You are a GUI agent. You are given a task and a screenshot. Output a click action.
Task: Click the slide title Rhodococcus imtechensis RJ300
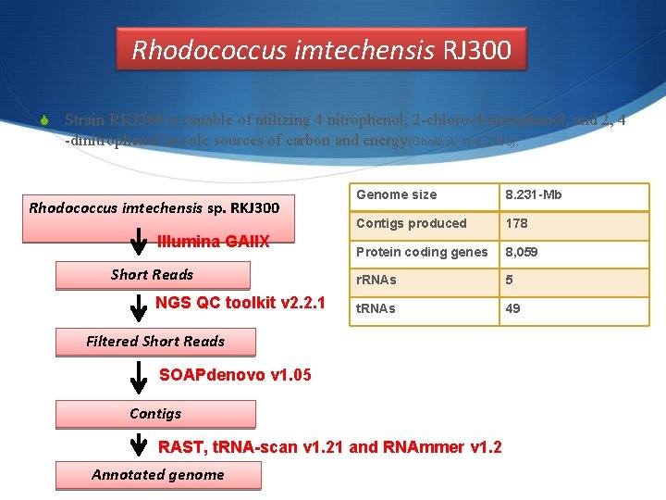tap(321, 49)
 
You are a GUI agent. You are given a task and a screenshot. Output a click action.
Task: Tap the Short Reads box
tap(153, 275)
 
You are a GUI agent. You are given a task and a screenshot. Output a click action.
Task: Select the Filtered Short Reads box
tap(155, 342)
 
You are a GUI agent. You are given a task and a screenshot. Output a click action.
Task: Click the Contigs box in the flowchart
tap(155, 414)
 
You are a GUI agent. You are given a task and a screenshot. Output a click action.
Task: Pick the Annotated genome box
tap(158, 475)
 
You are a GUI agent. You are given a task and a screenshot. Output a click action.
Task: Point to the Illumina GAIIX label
tap(214, 242)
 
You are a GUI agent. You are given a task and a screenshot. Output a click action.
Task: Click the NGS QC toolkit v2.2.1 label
tap(240, 303)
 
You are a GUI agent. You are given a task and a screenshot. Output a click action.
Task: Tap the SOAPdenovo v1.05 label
tap(236, 375)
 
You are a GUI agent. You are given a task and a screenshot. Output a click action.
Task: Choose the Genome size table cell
tap(422, 195)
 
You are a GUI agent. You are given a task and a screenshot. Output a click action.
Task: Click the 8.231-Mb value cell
tap(573, 195)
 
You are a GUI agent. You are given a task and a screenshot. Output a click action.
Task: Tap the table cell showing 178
tap(573, 223)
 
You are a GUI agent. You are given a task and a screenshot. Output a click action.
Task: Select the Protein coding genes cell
tap(422, 252)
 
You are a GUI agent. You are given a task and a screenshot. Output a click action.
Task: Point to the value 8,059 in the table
tap(573, 252)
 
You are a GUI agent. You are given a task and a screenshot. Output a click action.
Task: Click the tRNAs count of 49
tap(573, 308)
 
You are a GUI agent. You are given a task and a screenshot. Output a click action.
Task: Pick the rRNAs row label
tap(422, 280)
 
